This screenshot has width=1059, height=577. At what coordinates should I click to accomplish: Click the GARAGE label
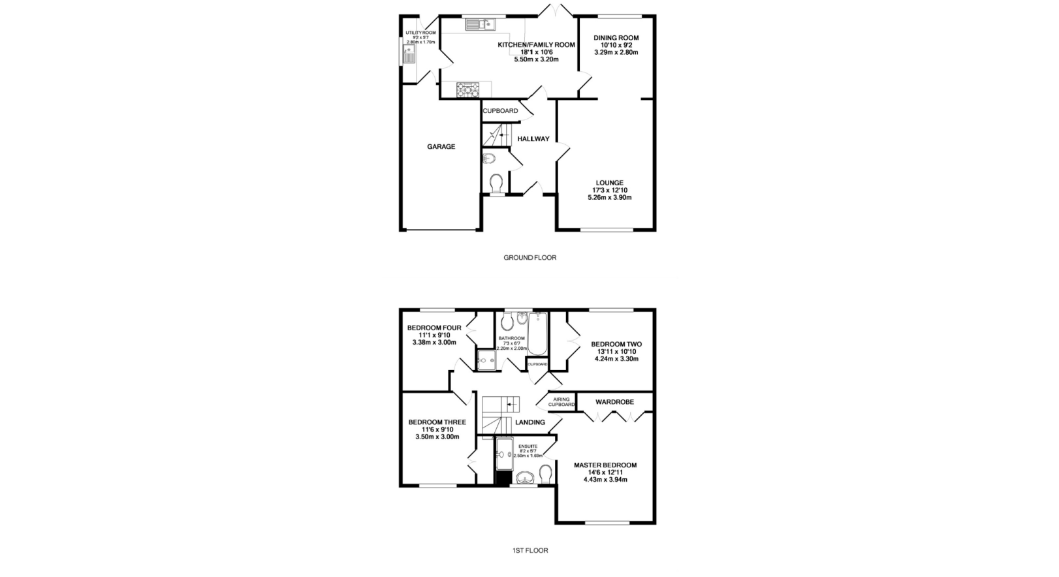pyautogui.click(x=441, y=147)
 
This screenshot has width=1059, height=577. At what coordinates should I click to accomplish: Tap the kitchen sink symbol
pyautogui.click(x=479, y=25)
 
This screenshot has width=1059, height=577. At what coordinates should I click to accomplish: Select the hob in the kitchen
pyautogui.click(x=467, y=89)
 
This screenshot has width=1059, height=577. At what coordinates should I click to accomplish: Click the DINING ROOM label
pyautogui.click(x=615, y=38)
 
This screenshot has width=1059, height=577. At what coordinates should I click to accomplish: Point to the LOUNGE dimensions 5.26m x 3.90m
pyautogui.click(x=609, y=197)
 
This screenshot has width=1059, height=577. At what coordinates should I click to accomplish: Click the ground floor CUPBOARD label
pyautogui.click(x=500, y=111)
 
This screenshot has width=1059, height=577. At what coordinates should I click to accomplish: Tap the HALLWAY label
pyautogui.click(x=533, y=139)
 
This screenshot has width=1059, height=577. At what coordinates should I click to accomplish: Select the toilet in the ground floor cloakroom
pyautogui.click(x=496, y=183)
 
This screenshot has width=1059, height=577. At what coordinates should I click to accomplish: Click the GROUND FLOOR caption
pyautogui.click(x=529, y=258)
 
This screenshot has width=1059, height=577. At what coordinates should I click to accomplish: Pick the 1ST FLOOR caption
pyautogui.click(x=529, y=551)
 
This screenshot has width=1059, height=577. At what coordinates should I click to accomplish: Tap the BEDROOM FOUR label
pyautogui.click(x=434, y=328)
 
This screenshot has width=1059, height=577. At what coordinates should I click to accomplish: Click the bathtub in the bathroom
pyautogui.click(x=537, y=333)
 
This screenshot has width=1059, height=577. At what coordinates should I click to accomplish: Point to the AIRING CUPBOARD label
pyautogui.click(x=561, y=402)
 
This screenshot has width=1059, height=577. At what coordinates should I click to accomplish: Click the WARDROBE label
pyautogui.click(x=614, y=402)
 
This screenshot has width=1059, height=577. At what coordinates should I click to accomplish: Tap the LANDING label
pyautogui.click(x=529, y=422)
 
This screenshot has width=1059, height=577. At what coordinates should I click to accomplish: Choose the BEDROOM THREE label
pyautogui.click(x=437, y=422)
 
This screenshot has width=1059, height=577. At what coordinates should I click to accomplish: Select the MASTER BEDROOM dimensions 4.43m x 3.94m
pyautogui.click(x=605, y=480)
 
